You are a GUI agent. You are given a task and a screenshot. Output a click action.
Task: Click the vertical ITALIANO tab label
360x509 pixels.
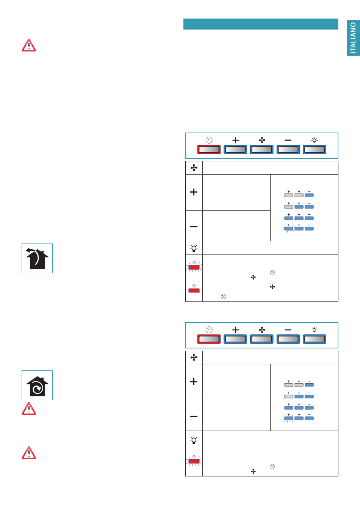click(x=353, y=38)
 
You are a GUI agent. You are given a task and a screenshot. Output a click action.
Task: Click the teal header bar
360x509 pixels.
click(x=261, y=24)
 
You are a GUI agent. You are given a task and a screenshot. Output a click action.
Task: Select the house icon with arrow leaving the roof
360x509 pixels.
click(x=37, y=258)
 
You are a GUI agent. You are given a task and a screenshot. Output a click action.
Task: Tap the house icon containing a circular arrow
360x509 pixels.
click(x=37, y=385)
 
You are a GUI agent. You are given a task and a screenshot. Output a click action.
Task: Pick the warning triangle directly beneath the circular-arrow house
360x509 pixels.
click(x=29, y=408)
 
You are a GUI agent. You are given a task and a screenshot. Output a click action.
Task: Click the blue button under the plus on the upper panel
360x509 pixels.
click(x=235, y=150)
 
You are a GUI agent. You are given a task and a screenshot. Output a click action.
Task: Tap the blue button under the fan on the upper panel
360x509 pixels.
click(x=261, y=150)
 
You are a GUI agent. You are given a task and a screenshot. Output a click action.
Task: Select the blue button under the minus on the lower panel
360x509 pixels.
click(x=288, y=339)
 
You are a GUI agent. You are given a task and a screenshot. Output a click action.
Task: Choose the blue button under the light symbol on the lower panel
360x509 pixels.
click(x=314, y=339)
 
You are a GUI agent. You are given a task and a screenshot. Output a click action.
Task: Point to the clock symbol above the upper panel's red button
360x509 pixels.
click(x=209, y=140)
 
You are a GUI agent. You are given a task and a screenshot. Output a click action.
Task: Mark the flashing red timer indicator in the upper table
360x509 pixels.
click(x=194, y=267)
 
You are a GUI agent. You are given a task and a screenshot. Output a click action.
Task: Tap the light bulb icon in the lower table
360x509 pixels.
click(x=194, y=440)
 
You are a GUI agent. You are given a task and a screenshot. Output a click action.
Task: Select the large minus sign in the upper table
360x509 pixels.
click(x=194, y=226)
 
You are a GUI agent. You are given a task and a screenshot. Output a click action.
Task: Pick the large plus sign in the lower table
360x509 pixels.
click(x=194, y=382)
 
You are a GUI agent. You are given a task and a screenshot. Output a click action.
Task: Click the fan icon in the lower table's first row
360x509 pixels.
click(x=194, y=358)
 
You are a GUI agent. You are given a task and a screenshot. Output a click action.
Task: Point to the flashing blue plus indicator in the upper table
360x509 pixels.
click(x=289, y=228)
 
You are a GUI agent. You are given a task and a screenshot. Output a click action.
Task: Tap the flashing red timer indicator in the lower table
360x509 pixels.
click(x=194, y=461)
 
